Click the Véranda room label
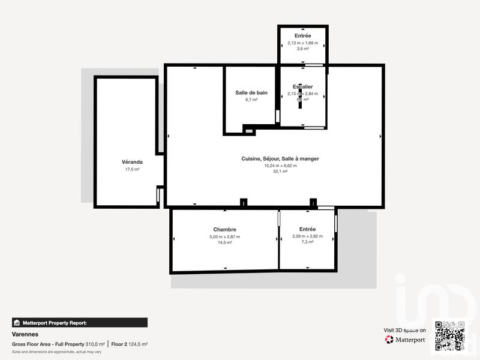pos(132,162)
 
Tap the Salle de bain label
pos(251,92)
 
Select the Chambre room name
pos(224,229)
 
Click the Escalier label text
pos(303,87)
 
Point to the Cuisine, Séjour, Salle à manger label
pos(280,158)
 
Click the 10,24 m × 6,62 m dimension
pos(280,165)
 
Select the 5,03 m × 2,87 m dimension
pos(224,236)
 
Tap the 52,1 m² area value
pos(280,172)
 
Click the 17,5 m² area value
pos(132,170)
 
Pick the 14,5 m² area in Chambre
pos(224,243)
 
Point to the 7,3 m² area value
pos(307,243)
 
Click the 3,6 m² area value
pos(303,49)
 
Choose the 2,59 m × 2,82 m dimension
pos(307,236)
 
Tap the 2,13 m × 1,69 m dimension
pos(303,43)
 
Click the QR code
pos(450,335)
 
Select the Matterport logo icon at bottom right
pos(389,340)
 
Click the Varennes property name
pos(25,334)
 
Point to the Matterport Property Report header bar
pos(79,322)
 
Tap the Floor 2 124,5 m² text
pos(129,344)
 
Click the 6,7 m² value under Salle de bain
pos(251,100)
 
